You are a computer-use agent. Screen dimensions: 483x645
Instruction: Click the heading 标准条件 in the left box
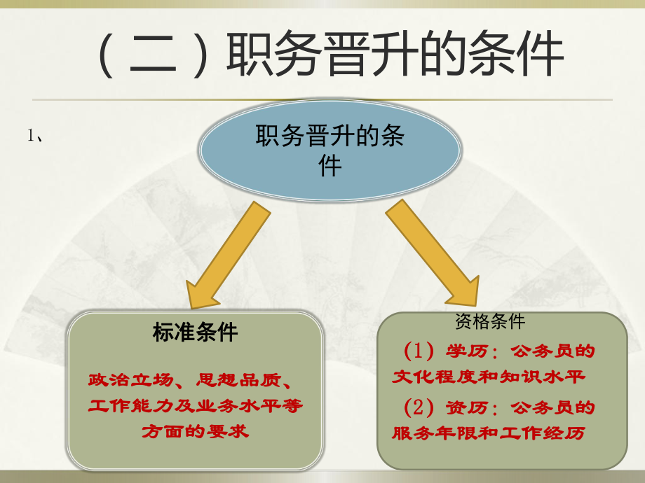(195, 332)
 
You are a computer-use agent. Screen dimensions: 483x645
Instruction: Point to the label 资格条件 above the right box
(490, 321)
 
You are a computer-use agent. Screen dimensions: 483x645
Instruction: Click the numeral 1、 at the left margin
(36, 137)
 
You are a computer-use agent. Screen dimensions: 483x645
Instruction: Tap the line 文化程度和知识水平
(489, 378)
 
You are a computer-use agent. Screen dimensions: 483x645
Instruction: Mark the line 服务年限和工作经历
(489, 434)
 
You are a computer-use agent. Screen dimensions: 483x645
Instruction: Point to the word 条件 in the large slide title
(517, 56)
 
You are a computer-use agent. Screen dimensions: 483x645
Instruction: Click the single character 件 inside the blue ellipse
(330, 167)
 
